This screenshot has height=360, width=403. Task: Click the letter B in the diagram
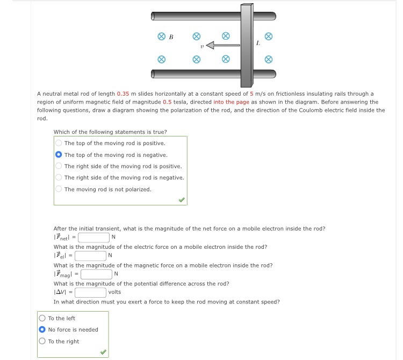point(171,37)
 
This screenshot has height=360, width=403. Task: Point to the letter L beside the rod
point(258,43)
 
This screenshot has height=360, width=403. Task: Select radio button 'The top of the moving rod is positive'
point(59,143)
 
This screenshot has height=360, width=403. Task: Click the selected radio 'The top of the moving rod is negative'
point(59,155)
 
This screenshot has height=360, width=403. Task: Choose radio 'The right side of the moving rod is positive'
point(59,167)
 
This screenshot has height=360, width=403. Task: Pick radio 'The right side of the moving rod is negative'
point(59,178)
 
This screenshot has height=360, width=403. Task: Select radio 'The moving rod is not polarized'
point(59,190)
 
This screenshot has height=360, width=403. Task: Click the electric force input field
point(90,256)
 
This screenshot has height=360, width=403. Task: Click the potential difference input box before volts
point(90,293)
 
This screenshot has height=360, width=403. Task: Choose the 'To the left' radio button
point(42,319)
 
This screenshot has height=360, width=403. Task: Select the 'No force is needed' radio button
point(42,330)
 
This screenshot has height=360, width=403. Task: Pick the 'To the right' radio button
point(42,342)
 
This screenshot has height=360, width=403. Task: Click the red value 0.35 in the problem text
point(123,94)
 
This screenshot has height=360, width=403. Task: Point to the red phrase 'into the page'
point(231,102)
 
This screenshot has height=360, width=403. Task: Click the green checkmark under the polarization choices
point(182,199)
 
